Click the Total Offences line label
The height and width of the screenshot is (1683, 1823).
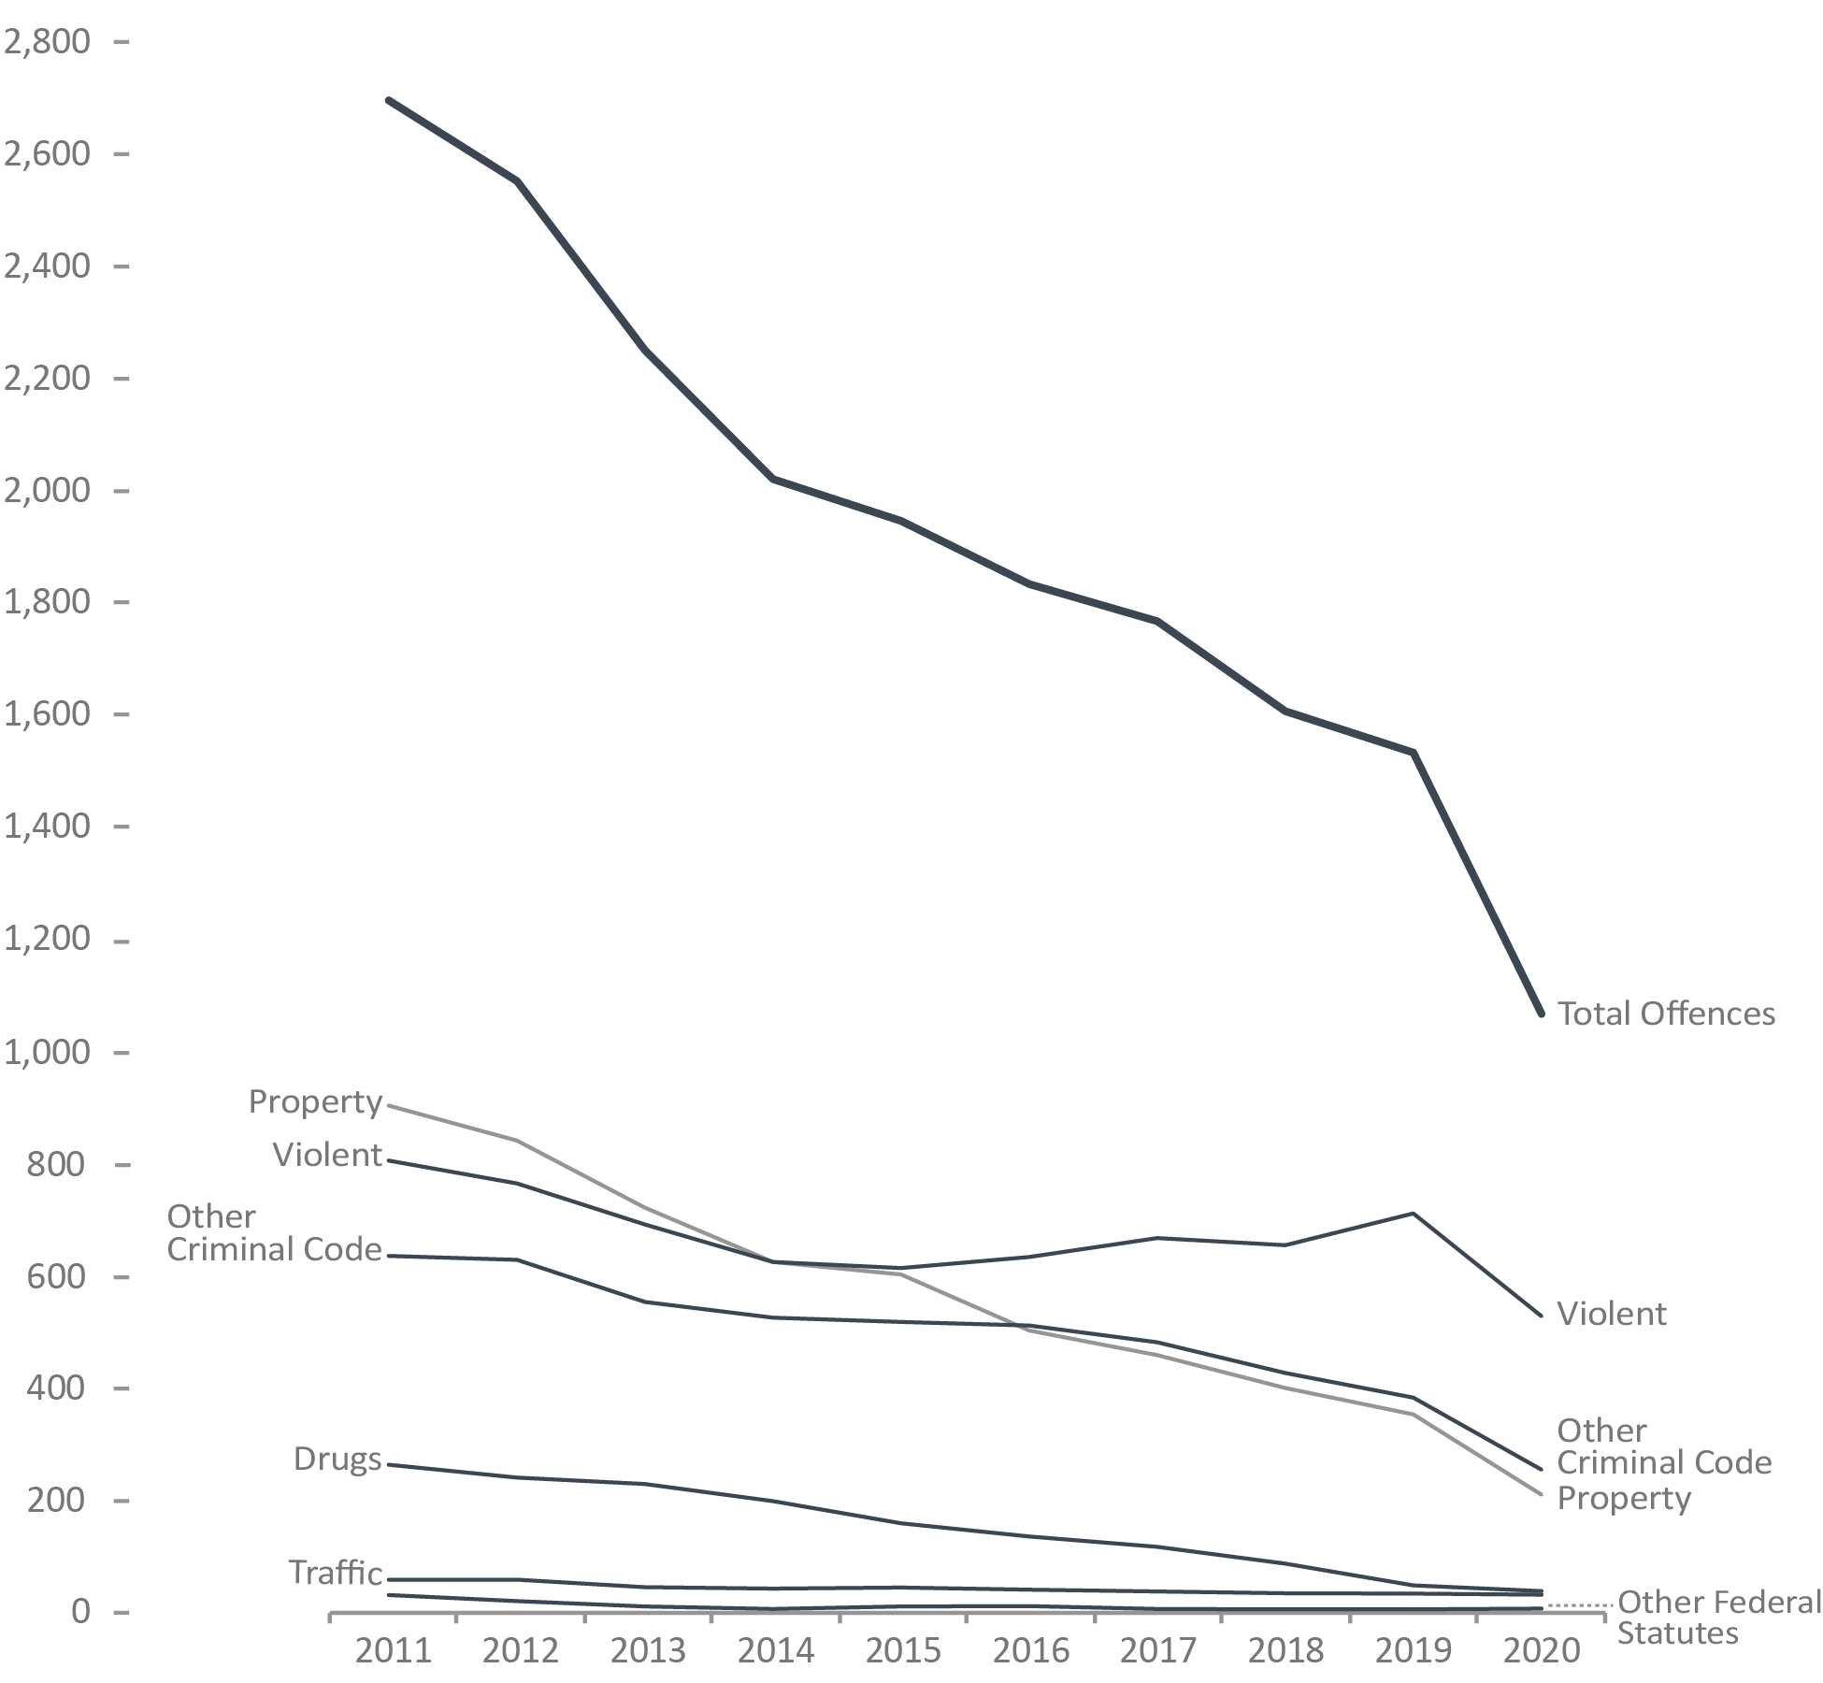click(1666, 1014)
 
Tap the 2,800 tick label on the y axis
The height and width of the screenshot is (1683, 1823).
click(48, 42)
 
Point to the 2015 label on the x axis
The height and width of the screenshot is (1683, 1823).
click(903, 1650)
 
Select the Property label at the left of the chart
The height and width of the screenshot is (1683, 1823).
click(315, 1101)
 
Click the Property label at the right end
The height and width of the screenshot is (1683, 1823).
click(1624, 1498)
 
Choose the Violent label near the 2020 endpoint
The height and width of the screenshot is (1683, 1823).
click(1611, 1314)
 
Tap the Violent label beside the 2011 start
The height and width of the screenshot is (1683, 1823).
click(327, 1155)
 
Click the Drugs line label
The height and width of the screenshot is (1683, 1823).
click(337, 1459)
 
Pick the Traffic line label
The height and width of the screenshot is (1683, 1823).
click(335, 1573)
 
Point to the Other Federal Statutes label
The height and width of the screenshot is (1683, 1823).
click(1718, 1618)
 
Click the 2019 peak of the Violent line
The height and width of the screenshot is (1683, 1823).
click(1414, 1214)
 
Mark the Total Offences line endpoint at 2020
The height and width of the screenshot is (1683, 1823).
click(1541, 1014)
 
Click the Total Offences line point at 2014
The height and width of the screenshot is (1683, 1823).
click(773, 479)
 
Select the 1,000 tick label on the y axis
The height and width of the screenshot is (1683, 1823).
click(48, 1052)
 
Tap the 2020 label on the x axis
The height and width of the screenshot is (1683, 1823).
click(1541, 1650)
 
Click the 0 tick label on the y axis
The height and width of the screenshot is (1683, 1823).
click(80, 1612)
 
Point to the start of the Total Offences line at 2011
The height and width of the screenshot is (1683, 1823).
click(388, 99)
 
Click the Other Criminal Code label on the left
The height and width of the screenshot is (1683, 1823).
click(274, 1233)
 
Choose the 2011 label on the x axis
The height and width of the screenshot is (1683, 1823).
click(394, 1650)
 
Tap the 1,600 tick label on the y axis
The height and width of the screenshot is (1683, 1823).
click(48, 714)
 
